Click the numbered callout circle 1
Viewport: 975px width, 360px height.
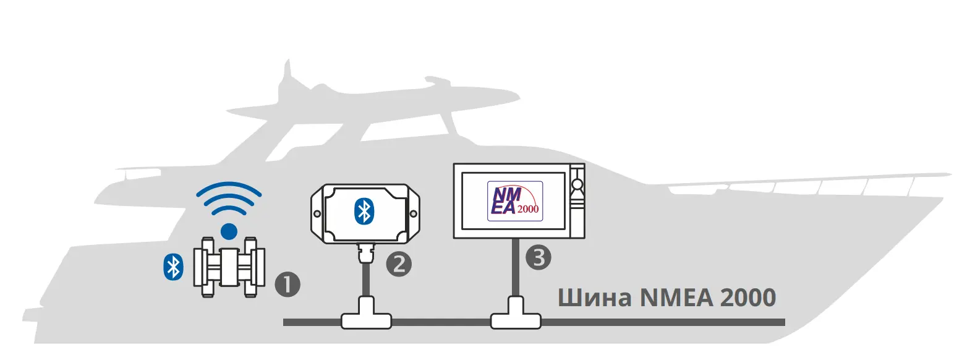287,285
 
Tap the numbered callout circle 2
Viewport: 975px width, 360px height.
399,264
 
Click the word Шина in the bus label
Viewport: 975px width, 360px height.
595,298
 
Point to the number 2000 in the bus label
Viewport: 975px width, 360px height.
748,298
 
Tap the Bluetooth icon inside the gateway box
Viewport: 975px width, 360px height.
364,212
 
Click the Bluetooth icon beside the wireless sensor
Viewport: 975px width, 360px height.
173,267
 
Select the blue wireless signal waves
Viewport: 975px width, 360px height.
229,199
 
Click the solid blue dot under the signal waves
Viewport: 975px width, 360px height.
229,231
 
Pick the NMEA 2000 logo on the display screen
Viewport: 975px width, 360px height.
515,201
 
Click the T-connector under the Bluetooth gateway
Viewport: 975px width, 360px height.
366,313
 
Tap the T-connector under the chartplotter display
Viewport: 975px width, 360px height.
516,313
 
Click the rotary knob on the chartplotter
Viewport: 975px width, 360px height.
577,185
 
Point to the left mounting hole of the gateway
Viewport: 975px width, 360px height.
317,214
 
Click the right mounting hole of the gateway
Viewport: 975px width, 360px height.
414,214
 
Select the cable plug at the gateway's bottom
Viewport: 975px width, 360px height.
365,254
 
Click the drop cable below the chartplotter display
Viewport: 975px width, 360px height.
516,268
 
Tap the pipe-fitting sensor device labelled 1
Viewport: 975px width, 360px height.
229,267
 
